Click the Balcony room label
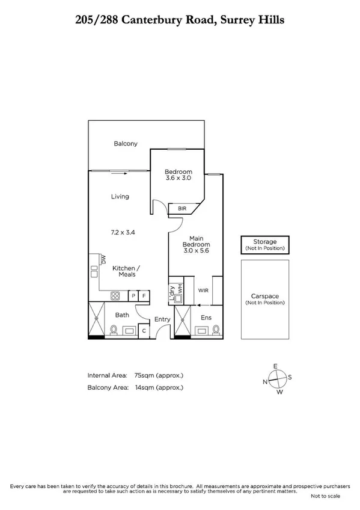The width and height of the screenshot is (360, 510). [126, 144]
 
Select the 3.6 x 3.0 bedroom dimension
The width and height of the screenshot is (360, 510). [178, 178]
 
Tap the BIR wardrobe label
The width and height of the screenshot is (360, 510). [182, 209]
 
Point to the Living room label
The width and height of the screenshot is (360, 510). [120, 197]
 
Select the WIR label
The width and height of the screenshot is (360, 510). [203, 290]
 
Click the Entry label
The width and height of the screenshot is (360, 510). [162, 319]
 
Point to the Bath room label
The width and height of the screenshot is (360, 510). [122, 315]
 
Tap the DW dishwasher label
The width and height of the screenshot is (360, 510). [103, 259]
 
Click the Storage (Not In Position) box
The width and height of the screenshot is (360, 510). [264, 244]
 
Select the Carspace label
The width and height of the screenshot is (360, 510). [264, 296]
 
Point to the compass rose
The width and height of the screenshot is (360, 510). [276, 379]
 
